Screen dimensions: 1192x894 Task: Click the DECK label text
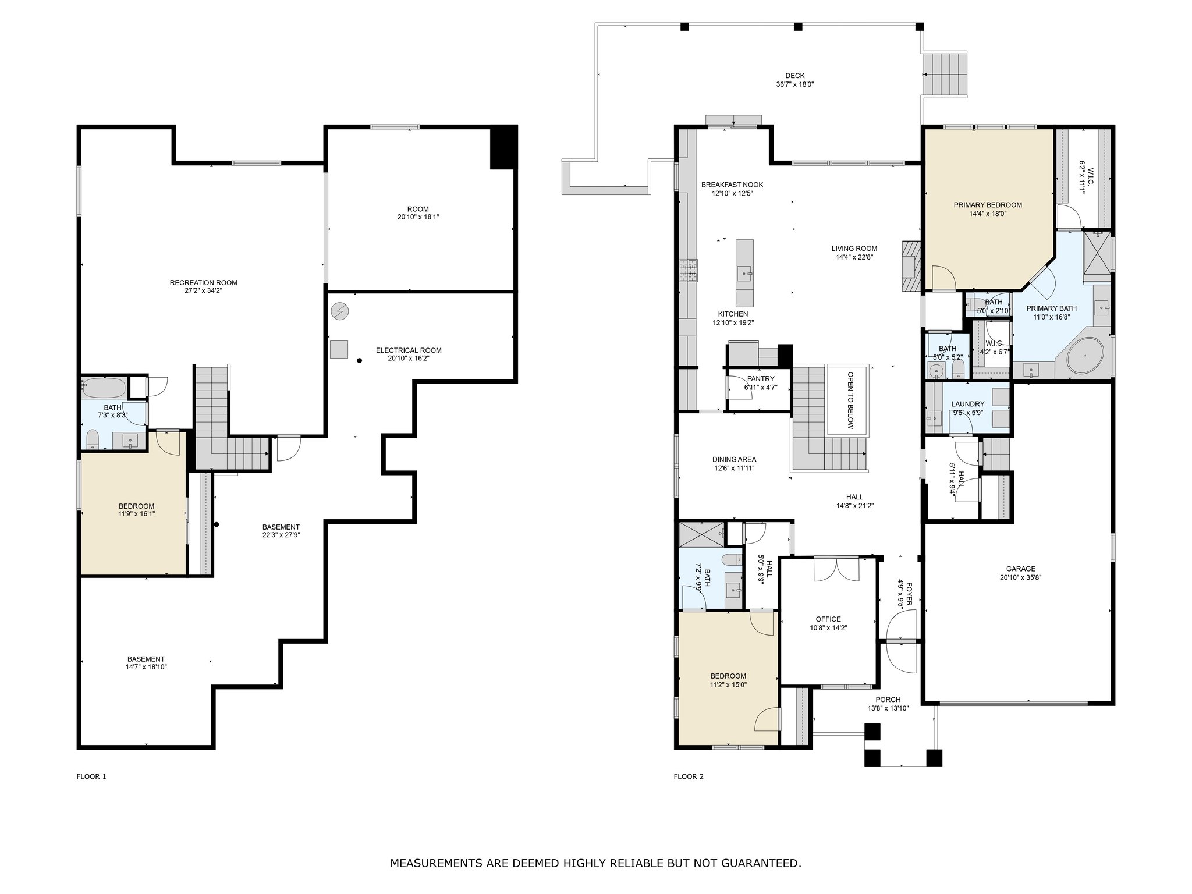[794, 76]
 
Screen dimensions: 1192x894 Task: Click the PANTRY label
[761, 379]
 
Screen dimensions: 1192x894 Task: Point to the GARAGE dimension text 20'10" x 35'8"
[1021, 577]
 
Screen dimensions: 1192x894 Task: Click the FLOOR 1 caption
[91, 776]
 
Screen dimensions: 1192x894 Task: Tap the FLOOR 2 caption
[689, 776]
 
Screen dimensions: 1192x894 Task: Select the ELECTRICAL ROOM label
[409, 350]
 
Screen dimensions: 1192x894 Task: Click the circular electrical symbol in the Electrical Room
[340, 312]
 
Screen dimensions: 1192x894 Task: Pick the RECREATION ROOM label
[204, 283]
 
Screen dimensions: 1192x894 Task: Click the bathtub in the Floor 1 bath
[104, 388]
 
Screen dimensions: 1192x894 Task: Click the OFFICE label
[828, 619]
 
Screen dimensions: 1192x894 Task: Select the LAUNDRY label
[968, 404]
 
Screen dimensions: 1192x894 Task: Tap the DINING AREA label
[735, 459]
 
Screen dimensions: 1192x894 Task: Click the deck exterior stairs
[946, 74]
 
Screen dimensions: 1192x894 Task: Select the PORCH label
[888, 700]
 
